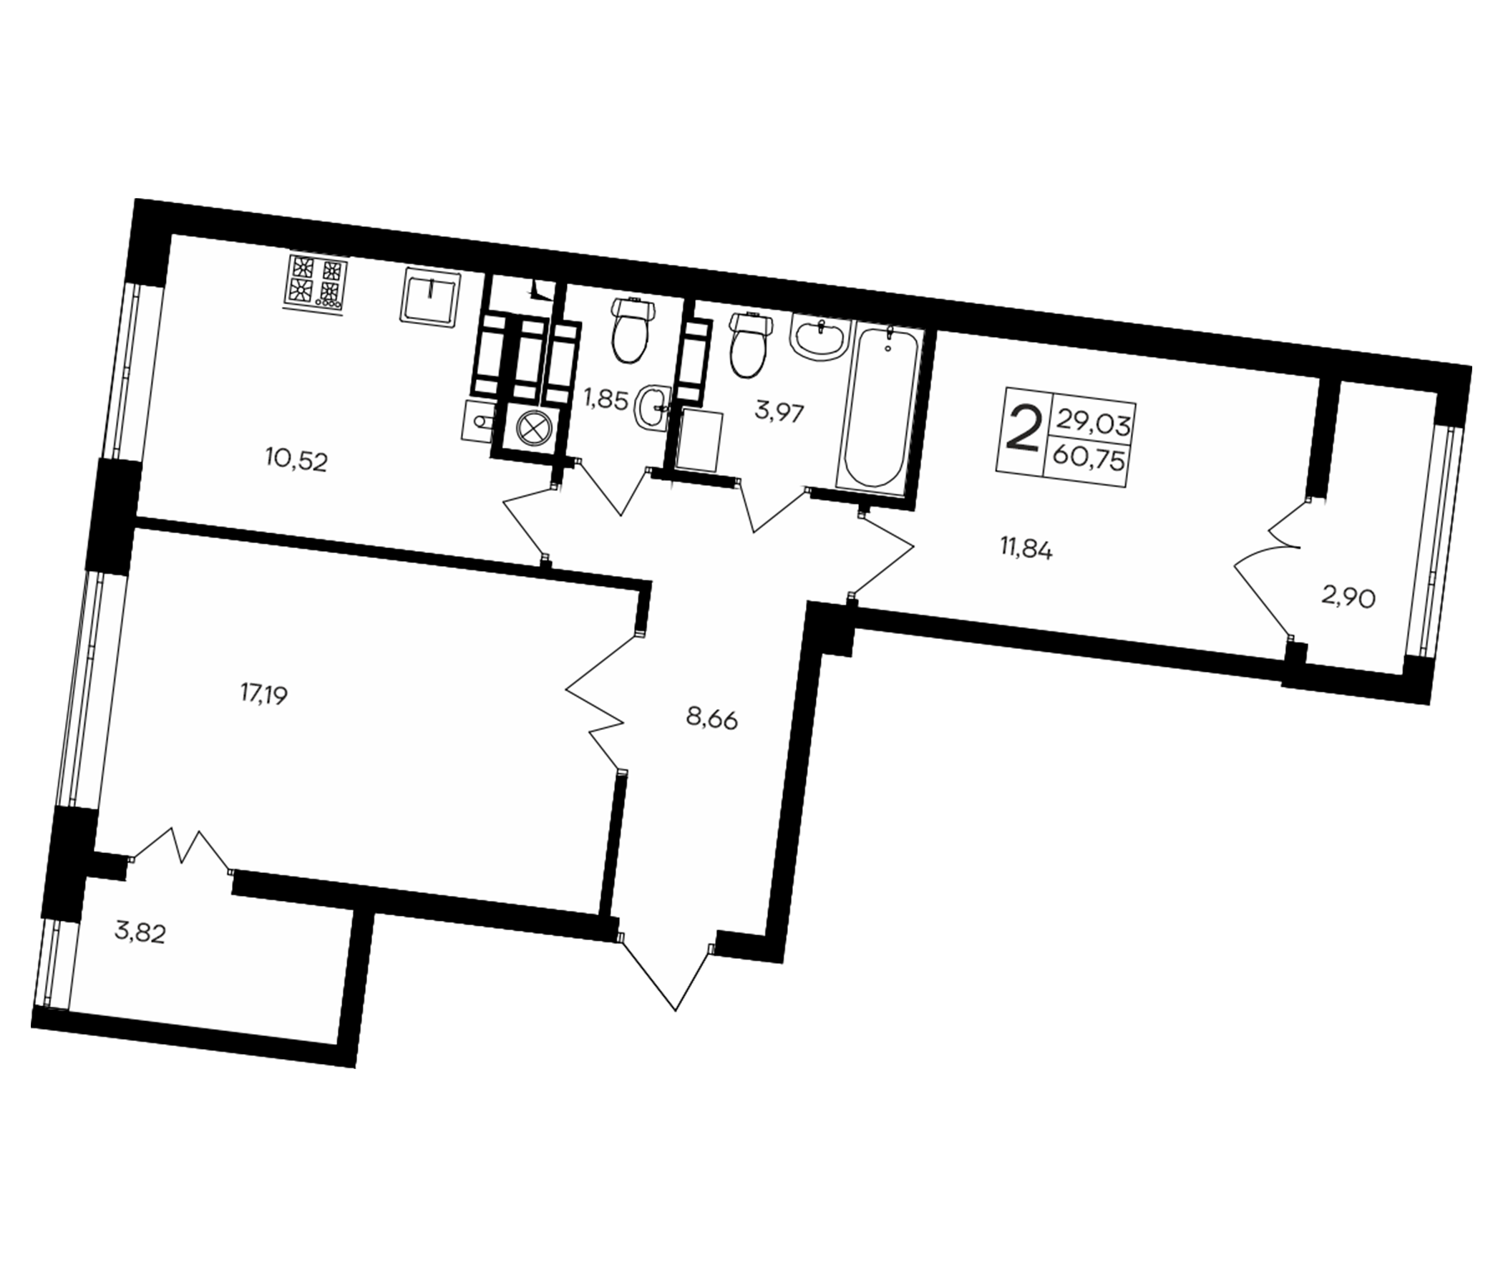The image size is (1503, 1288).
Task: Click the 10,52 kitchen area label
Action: [x=296, y=461]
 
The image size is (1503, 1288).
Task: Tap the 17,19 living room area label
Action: [x=264, y=695]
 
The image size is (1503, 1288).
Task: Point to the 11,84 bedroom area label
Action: [x=1026, y=550]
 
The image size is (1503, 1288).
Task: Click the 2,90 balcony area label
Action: [x=1348, y=598]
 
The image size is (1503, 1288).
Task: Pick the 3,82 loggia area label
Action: [x=141, y=933]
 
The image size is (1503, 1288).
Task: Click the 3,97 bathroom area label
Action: [x=779, y=414]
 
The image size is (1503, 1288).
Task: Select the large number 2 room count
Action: [x=1023, y=430]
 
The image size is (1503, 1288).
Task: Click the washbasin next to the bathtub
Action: [x=821, y=337]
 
